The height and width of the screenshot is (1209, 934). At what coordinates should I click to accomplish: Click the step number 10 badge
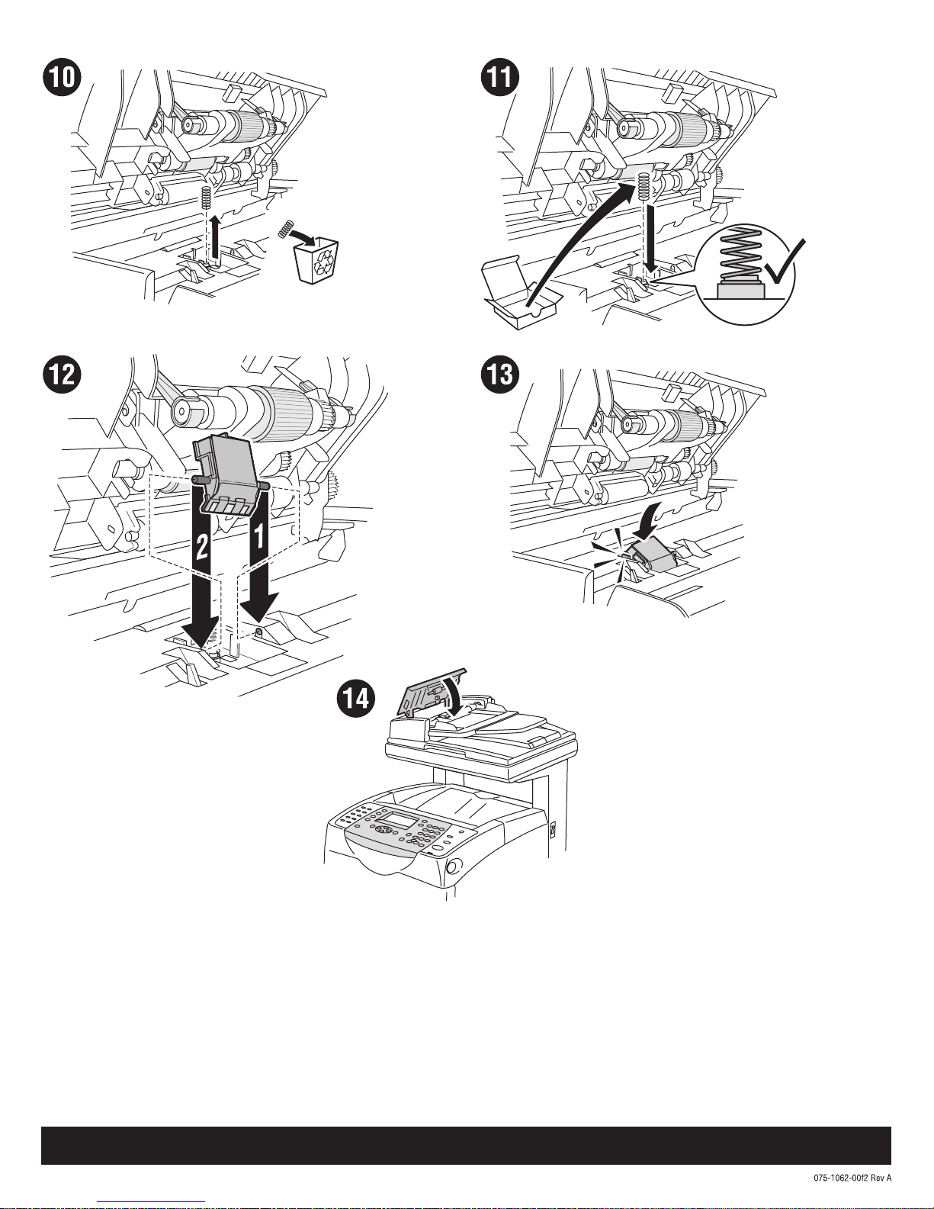point(62,77)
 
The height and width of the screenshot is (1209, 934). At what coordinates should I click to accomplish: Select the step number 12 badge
point(62,374)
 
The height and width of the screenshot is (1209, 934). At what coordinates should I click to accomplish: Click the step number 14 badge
point(356,699)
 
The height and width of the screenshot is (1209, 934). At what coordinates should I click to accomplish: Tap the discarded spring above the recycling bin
point(286,230)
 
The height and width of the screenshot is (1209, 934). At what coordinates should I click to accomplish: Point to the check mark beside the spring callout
point(783,262)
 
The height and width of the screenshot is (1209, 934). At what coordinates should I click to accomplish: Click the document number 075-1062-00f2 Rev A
point(852,1178)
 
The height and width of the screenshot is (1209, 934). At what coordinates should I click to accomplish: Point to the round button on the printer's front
point(454,867)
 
